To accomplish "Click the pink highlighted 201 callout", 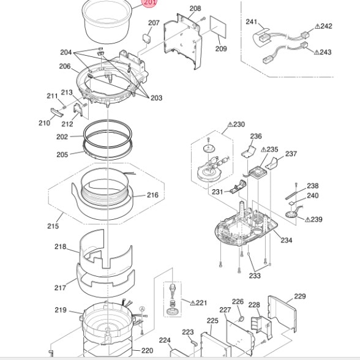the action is [x=149, y=2].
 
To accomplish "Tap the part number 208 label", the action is [x=195, y=9].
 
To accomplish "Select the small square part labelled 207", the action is [x=147, y=38].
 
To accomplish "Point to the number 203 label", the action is [x=156, y=98].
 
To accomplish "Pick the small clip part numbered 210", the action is [x=57, y=112].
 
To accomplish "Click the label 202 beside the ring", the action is [x=62, y=137].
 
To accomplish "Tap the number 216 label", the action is [x=152, y=195].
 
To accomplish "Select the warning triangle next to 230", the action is [x=230, y=124].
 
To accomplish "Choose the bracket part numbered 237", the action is [x=272, y=163].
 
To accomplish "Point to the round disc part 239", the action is [x=291, y=215].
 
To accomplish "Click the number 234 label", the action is [x=287, y=241].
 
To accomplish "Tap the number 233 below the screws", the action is [x=255, y=276].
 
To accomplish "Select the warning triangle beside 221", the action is [x=193, y=303].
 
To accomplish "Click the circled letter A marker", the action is [x=142, y=309].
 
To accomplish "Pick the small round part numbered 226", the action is [x=241, y=318].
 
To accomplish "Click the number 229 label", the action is [x=300, y=296].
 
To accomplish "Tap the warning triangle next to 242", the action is [x=318, y=26].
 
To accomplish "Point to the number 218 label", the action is [x=60, y=247].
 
